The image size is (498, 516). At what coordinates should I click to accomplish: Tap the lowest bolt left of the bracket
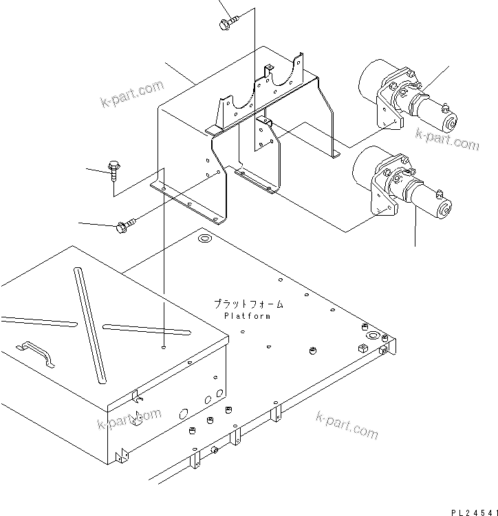127,223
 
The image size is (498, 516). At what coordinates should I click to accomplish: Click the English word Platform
247,316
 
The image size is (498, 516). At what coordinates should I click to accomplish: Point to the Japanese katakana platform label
248,304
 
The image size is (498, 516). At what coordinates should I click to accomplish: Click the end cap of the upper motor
452,124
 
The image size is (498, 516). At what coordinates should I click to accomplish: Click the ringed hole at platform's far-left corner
204,239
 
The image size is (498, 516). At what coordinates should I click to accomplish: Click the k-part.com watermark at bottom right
347,425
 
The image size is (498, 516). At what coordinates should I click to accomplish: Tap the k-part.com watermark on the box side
130,418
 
